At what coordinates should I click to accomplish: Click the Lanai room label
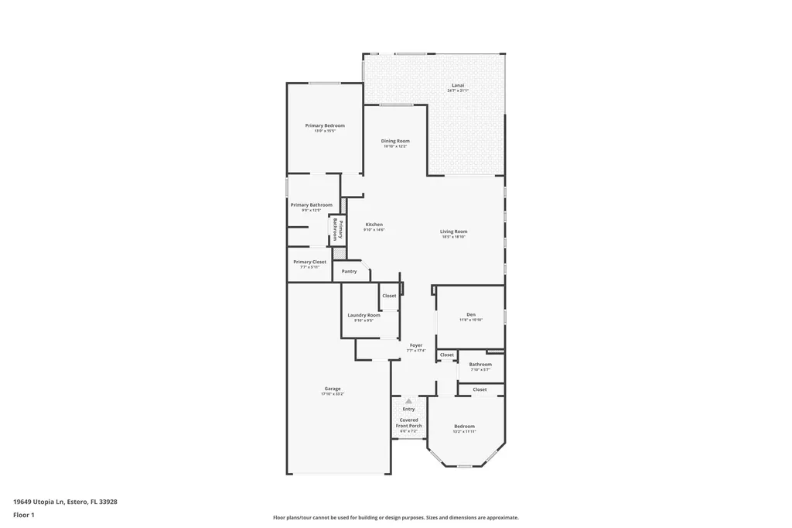click(x=458, y=85)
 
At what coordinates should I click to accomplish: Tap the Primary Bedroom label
click(x=325, y=125)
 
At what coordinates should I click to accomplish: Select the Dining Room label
click(x=395, y=141)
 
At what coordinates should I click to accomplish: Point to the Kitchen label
click(x=374, y=225)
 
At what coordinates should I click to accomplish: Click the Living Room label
click(x=454, y=231)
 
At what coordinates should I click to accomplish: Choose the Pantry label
click(x=350, y=271)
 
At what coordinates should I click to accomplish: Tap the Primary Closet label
click(x=309, y=262)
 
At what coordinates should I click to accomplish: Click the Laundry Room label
click(x=364, y=315)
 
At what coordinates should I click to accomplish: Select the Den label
click(x=471, y=314)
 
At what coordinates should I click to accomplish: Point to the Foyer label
click(x=416, y=345)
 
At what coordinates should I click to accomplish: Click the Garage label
click(x=333, y=389)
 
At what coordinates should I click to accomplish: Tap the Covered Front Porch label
click(x=408, y=423)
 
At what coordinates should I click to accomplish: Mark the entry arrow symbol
click(x=408, y=401)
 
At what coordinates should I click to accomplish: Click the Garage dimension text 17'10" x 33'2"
click(x=333, y=394)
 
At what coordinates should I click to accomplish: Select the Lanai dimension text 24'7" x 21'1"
click(x=458, y=91)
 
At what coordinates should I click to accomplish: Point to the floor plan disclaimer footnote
click(x=395, y=517)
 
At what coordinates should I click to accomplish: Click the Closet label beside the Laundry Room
click(x=389, y=296)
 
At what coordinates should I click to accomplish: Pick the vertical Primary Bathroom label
click(x=338, y=231)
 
